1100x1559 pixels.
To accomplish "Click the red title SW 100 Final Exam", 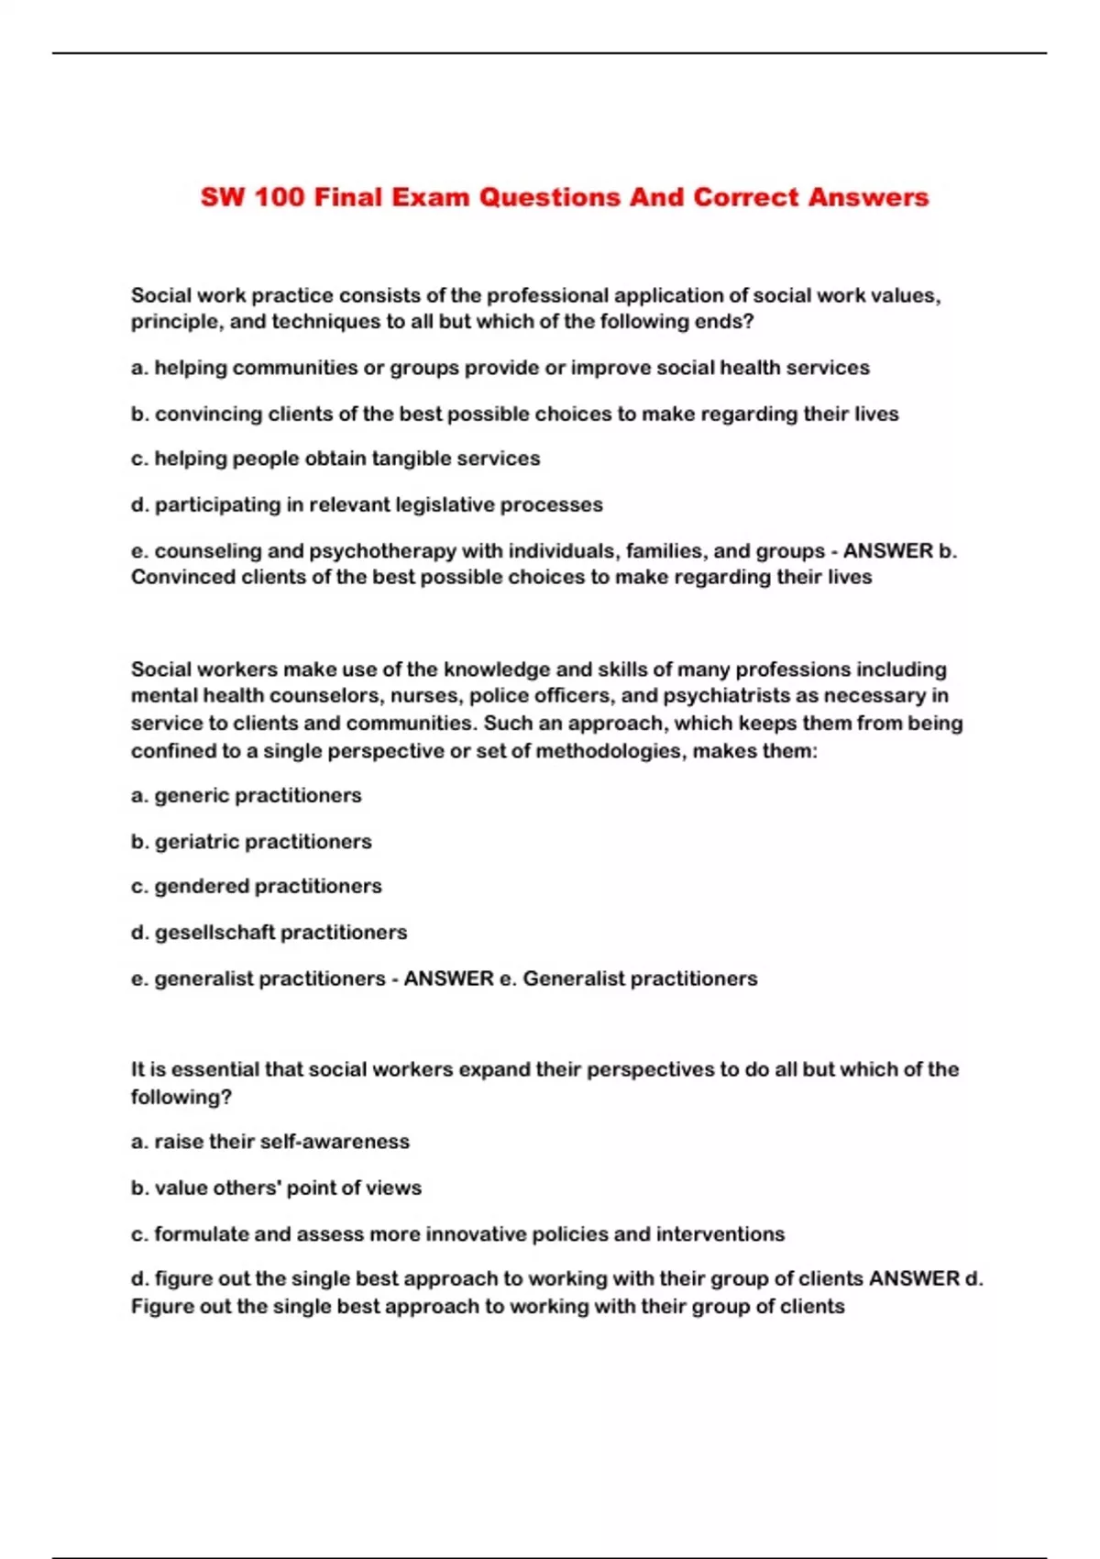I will click(x=564, y=197).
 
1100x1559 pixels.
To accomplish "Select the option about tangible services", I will click(x=335, y=459).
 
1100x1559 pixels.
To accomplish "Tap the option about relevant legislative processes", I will click(x=367, y=504).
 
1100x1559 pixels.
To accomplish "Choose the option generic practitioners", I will click(x=247, y=795).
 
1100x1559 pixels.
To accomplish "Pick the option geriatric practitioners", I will click(x=251, y=841).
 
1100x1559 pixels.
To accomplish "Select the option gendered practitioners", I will click(x=257, y=886).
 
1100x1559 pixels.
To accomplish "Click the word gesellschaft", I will click(x=214, y=933).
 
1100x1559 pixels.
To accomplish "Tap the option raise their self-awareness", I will click(x=270, y=1142).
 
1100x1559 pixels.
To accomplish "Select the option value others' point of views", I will click(x=276, y=1188).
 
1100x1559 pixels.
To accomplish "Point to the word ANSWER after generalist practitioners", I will click(x=448, y=979).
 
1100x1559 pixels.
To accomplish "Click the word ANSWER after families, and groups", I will click(x=887, y=551).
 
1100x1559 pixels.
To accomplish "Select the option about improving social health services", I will click(x=500, y=368).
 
